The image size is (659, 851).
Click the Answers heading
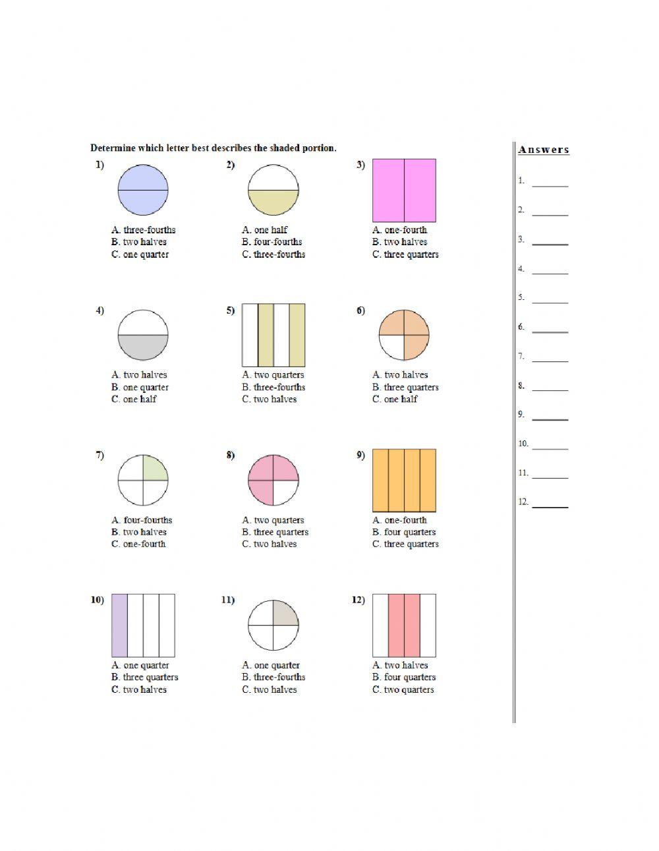(x=544, y=150)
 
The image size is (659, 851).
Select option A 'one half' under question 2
(x=265, y=230)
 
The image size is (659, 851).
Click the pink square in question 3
(x=404, y=191)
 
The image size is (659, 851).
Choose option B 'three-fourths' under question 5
(x=273, y=388)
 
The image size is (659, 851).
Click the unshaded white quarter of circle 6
(x=391, y=347)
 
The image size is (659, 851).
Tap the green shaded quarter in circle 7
(x=154, y=468)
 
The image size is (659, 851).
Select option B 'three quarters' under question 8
(x=275, y=533)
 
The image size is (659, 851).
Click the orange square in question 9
(x=404, y=481)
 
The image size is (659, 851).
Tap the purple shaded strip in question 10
(x=119, y=626)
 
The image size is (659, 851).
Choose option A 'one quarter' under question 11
(x=271, y=666)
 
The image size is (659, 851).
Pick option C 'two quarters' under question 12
(x=403, y=690)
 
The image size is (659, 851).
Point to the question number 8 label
(x=230, y=455)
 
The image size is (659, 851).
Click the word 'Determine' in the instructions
(x=113, y=148)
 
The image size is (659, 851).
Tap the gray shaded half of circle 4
(x=143, y=347)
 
